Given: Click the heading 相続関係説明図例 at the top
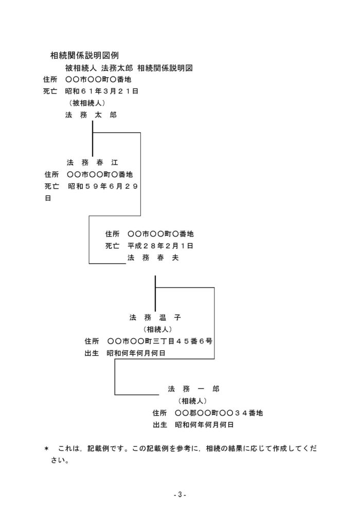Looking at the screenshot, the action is (x=84, y=56).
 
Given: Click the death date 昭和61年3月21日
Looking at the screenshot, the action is (x=102, y=91).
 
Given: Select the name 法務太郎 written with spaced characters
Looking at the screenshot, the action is (x=91, y=115).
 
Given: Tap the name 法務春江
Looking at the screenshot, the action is (x=93, y=162).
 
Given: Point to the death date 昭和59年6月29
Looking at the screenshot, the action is (x=103, y=186).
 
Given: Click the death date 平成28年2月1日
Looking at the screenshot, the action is (x=160, y=246).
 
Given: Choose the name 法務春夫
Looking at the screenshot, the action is (x=153, y=258).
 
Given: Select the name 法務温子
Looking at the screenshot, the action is (x=155, y=317).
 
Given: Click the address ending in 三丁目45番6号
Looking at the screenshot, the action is (x=160, y=341).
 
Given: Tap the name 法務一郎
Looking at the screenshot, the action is (x=194, y=389).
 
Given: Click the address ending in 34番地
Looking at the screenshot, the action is (x=219, y=413).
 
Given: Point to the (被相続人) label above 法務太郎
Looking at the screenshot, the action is (x=87, y=103).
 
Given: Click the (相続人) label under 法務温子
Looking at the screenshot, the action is (x=157, y=329).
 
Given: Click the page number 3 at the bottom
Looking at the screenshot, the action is (x=180, y=495).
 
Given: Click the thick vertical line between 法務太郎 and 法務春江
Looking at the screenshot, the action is (x=93, y=139).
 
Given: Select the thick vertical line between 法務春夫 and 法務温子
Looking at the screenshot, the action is (x=155, y=294).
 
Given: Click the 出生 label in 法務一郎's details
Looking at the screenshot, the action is (x=160, y=425).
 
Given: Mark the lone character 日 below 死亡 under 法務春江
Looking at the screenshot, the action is (x=48, y=198).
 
